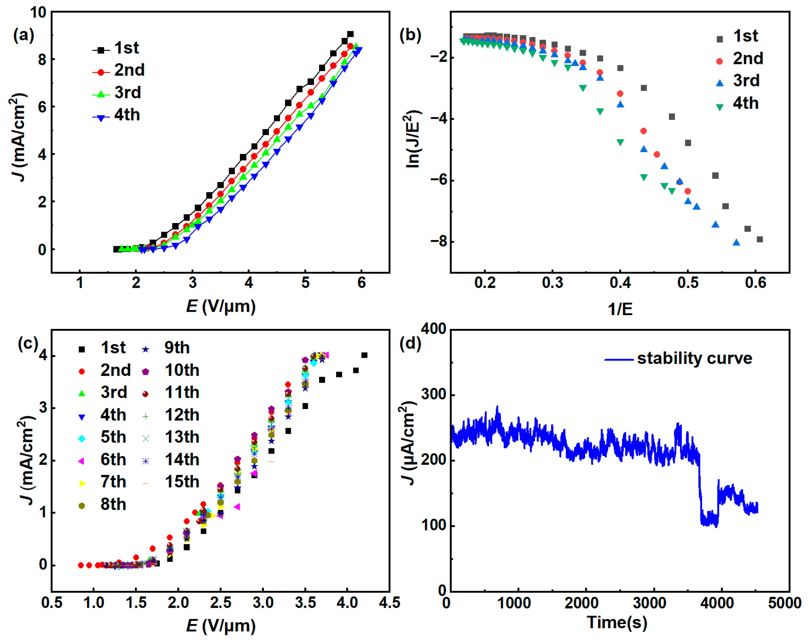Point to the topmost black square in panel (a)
350,34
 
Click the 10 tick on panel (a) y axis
38,12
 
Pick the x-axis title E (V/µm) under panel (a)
221,307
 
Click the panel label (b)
410,36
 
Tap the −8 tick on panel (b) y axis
438,242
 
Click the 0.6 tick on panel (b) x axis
755,283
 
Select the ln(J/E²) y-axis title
413,139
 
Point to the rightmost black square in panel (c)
364,355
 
